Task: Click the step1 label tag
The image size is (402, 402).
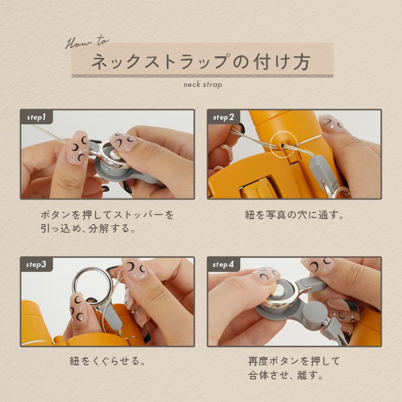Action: click(37, 117)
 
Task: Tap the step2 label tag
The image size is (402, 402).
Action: click(223, 117)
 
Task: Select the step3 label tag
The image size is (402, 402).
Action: click(37, 264)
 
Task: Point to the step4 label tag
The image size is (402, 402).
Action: click(223, 264)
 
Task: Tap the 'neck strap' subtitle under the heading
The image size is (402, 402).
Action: click(203, 84)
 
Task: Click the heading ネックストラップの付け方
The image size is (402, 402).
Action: click(202, 61)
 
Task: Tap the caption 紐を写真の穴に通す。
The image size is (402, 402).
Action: click(294, 215)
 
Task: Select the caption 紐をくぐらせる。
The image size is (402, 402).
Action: click(108, 361)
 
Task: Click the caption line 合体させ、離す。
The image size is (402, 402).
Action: click(285, 375)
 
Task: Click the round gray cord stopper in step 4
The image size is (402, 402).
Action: click(312, 312)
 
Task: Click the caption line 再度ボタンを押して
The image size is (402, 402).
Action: click(294, 361)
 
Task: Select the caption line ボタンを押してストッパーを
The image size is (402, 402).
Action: click(107, 215)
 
